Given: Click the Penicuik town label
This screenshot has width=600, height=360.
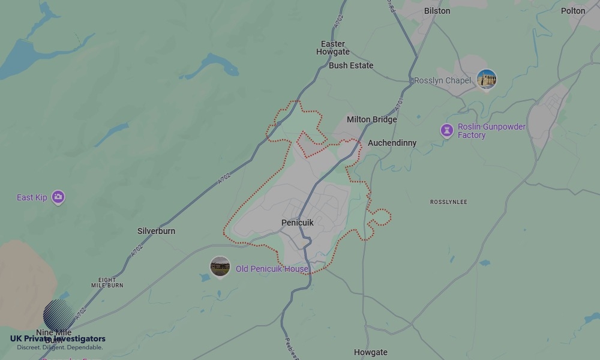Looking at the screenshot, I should (297, 223).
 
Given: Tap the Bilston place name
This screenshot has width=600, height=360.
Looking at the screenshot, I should (437, 11).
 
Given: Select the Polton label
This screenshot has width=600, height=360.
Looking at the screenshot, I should (572, 11).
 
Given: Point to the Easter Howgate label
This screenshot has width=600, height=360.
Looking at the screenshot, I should (333, 48).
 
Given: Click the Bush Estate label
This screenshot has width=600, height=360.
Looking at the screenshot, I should (351, 65).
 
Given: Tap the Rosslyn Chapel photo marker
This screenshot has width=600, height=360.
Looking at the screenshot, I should (486, 79).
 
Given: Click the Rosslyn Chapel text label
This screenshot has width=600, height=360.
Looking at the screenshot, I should (443, 80).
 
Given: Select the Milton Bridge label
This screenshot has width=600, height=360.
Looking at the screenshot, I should (371, 119).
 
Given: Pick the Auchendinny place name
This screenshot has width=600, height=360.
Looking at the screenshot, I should (392, 143).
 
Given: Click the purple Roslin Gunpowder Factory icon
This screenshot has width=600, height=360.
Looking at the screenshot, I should (446, 130).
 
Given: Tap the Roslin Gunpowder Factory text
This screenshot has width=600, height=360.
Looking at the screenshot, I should (491, 131).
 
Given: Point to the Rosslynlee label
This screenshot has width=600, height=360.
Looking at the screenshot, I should (448, 202).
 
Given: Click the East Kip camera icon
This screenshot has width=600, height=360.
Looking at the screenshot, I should (58, 197).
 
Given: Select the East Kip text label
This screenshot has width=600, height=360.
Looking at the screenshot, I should (32, 197).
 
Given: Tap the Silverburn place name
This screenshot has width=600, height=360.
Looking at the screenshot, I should (156, 231).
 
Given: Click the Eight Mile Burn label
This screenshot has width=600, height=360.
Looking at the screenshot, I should (107, 282).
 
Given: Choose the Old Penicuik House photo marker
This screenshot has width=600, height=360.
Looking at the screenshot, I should (220, 267).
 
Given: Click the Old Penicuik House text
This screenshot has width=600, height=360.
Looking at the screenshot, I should (272, 269).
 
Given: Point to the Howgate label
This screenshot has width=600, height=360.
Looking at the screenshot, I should (370, 352).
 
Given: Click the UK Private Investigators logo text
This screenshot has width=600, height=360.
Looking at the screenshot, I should (58, 339).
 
